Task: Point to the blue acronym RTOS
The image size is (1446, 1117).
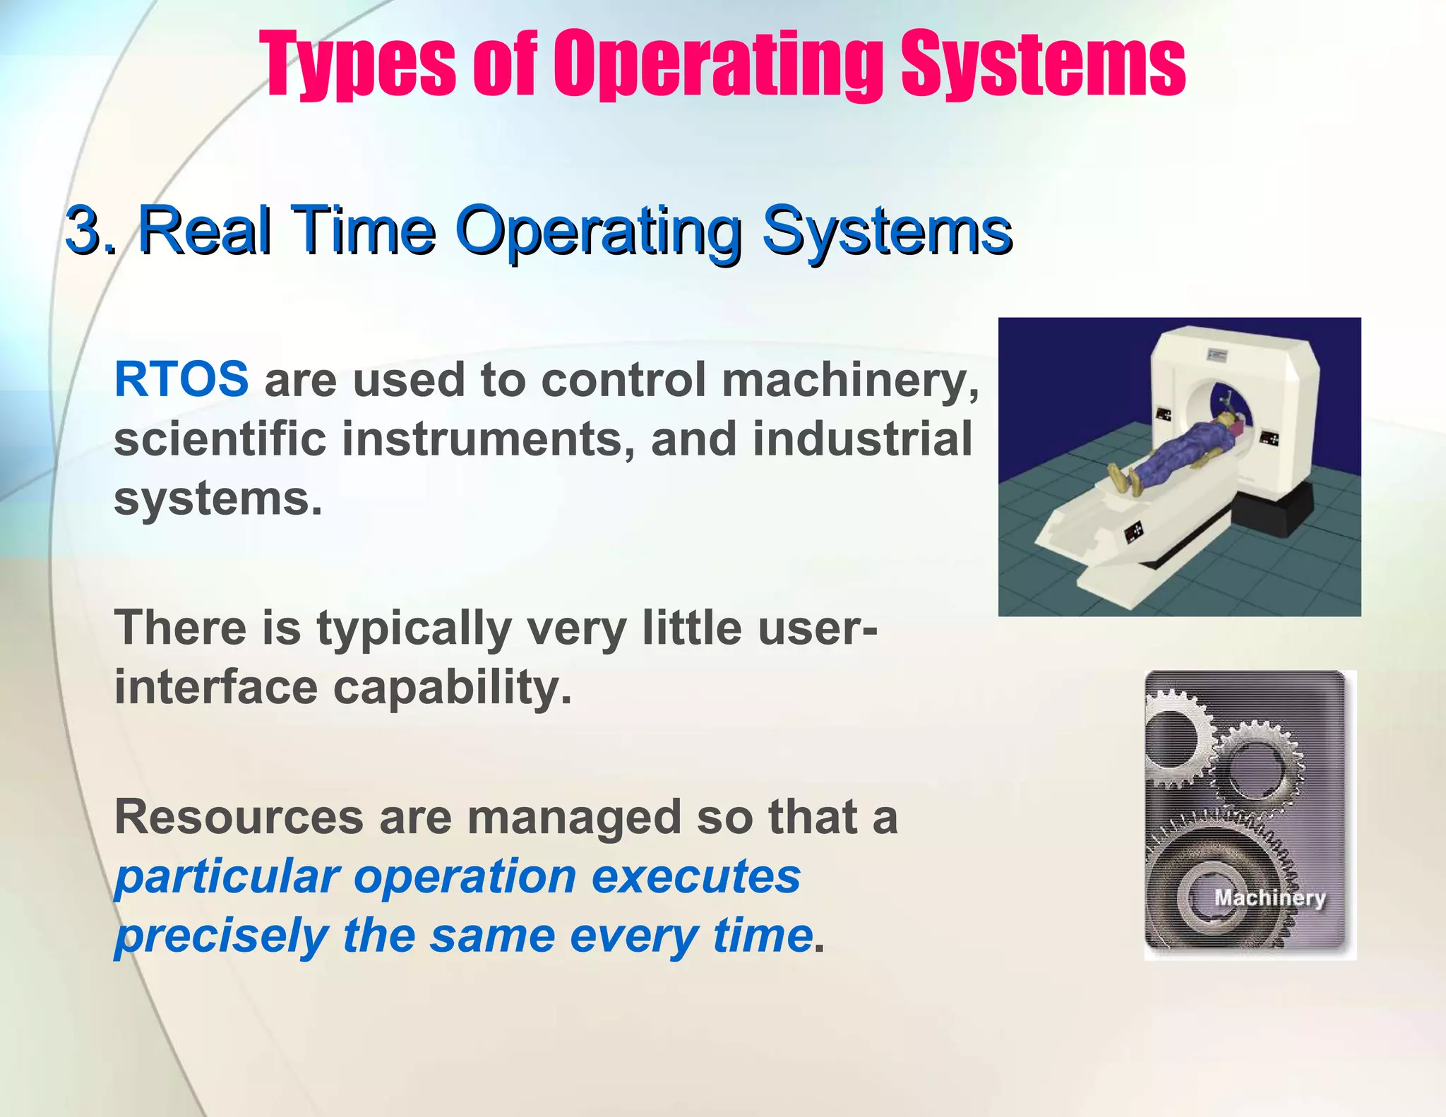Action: pyautogui.click(x=181, y=379)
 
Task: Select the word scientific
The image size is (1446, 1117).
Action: pyautogui.click(x=220, y=438)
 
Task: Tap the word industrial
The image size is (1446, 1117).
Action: pyautogui.click(x=862, y=438)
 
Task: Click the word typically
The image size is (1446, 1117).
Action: pyautogui.click(x=414, y=629)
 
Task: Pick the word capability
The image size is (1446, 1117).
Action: pyautogui.click(x=452, y=688)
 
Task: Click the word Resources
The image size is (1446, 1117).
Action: pyautogui.click(x=239, y=817)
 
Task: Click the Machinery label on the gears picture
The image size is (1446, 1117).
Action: pyautogui.click(x=1269, y=897)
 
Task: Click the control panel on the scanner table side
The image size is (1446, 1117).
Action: pyautogui.click(x=1133, y=531)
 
